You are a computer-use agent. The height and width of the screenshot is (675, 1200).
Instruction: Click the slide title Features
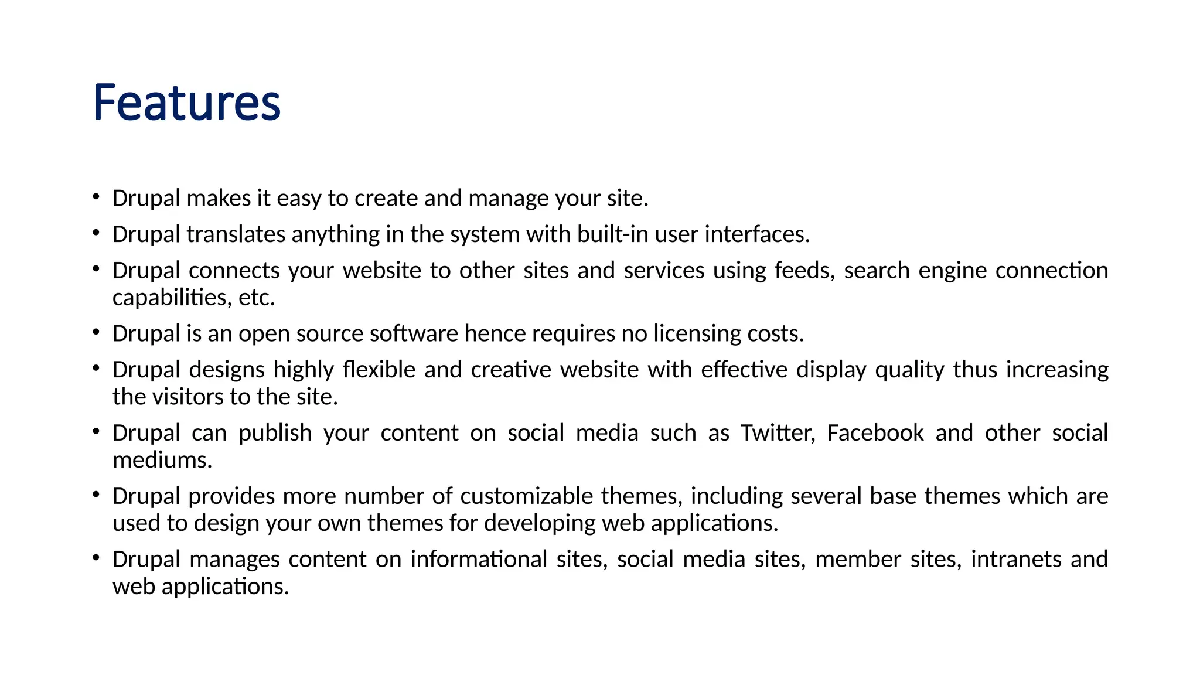186,103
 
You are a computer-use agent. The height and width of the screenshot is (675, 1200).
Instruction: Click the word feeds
804,271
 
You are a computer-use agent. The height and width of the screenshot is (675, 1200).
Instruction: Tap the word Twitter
778,433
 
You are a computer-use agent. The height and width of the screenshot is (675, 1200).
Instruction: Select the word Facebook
875,433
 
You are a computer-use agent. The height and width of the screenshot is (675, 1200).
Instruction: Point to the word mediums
162,461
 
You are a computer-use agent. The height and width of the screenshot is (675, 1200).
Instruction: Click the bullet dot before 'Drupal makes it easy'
96,196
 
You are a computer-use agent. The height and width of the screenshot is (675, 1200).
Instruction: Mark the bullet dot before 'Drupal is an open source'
96,332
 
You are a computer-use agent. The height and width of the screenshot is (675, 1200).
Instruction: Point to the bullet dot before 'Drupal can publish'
96,431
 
